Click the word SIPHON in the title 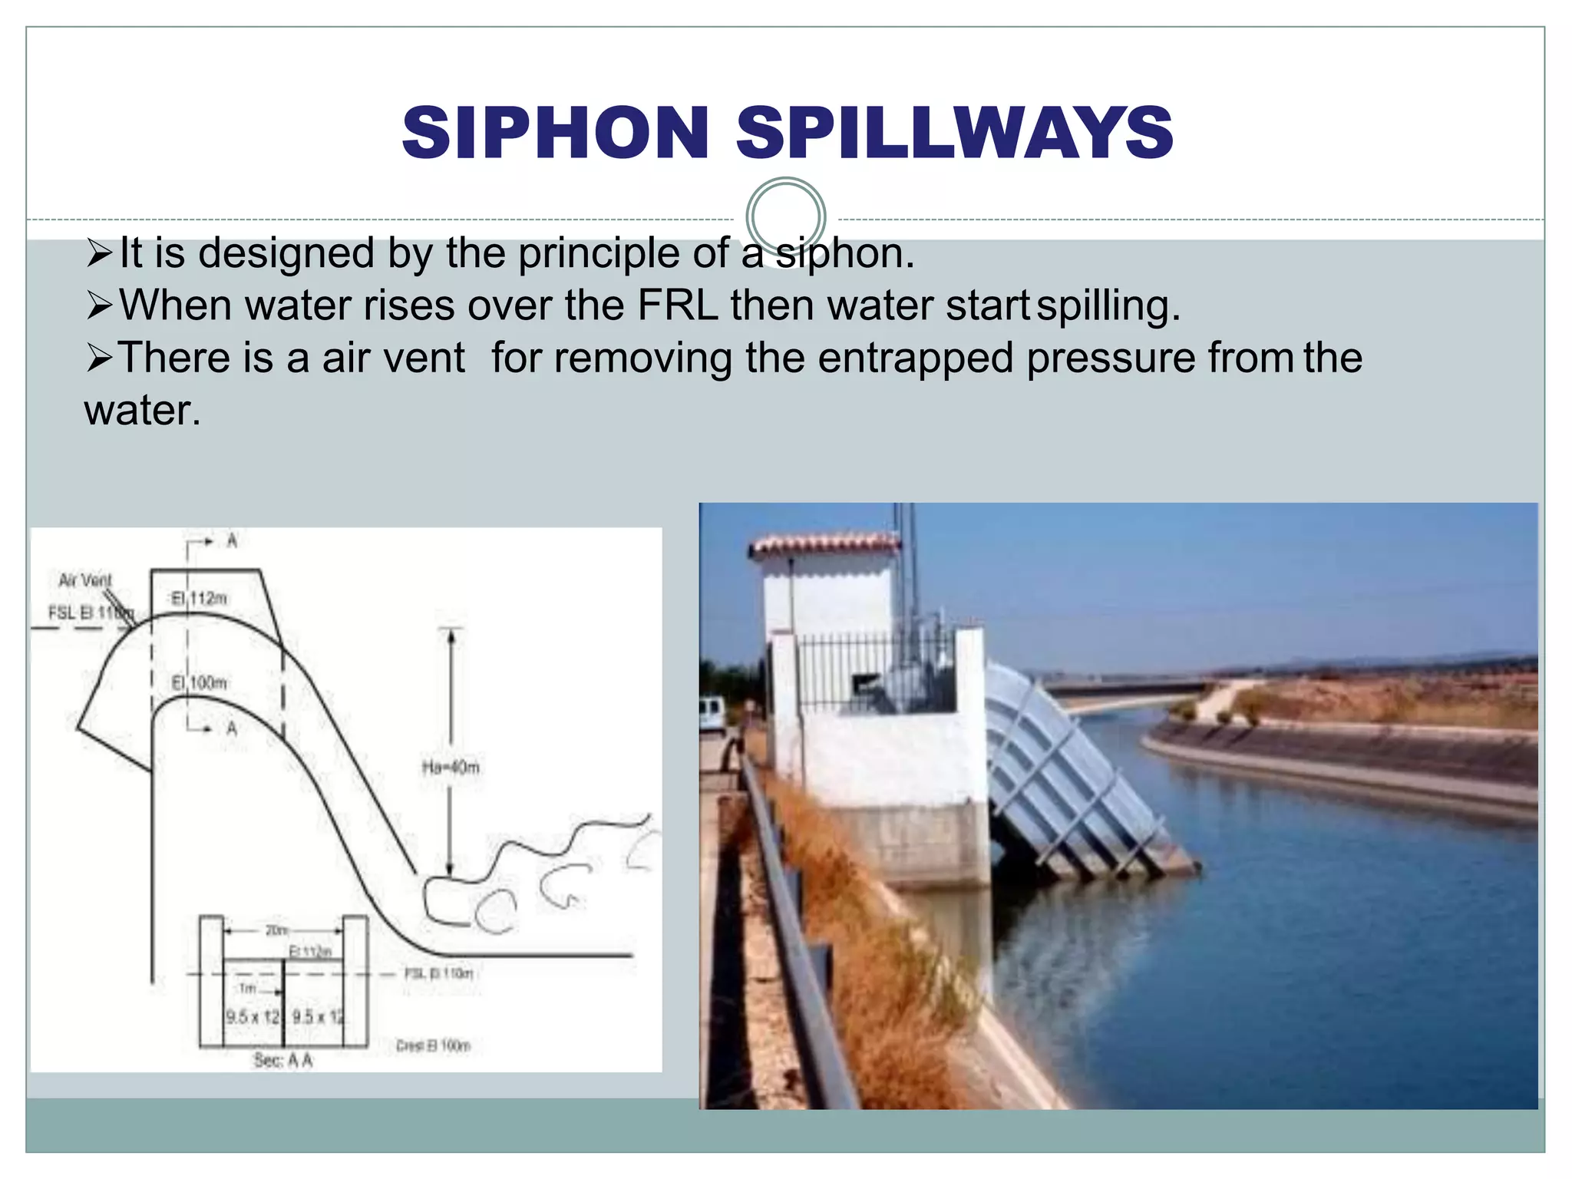(x=555, y=133)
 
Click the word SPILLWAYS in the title (x=954, y=133)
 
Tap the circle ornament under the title (x=785, y=216)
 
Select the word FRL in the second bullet (x=677, y=305)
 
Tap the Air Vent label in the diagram (x=85, y=580)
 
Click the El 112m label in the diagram (x=199, y=598)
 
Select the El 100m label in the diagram (x=199, y=682)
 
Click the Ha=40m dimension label (x=451, y=767)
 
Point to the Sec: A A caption (x=283, y=1061)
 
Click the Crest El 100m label (x=433, y=1045)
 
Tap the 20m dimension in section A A (x=276, y=930)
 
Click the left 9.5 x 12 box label (x=253, y=1017)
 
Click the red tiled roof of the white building (x=823, y=544)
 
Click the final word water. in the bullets (x=143, y=411)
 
